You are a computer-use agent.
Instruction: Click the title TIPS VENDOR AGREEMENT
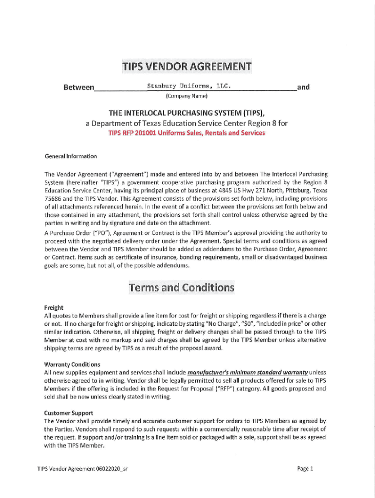pos(187,67)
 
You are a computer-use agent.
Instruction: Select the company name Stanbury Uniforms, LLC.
pos(188,86)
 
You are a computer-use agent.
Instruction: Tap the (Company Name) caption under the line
pos(187,96)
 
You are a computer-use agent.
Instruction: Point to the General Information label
pos(71,156)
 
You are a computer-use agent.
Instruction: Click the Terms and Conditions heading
pos(181,287)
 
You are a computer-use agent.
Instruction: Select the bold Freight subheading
pos(54,308)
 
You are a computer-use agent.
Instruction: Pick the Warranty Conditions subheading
pos(72,364)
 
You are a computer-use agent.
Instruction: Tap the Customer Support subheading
pos(69,413)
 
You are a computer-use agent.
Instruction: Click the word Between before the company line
pos(79,88)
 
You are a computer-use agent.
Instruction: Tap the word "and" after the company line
pos(303,87)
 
